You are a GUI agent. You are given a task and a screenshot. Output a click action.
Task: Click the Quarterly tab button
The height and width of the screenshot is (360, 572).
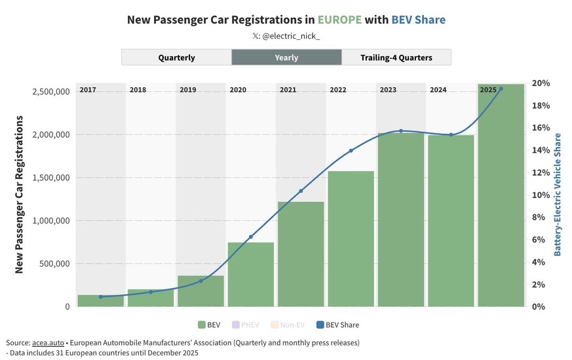(176, 58)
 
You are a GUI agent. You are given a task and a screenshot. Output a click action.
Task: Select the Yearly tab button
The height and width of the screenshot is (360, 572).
(286, 58)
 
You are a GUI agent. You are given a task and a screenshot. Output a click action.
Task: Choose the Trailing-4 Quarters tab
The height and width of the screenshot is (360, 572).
(396, 58)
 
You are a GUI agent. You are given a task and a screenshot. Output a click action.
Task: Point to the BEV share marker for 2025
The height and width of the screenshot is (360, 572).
(501, 89)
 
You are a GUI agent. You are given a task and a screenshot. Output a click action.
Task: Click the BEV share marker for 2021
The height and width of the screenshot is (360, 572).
(301, 191)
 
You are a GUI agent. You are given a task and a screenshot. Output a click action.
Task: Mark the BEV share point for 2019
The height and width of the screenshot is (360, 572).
(201, 281)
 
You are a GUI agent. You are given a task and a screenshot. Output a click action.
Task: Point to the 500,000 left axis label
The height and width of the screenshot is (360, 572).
(51, 264)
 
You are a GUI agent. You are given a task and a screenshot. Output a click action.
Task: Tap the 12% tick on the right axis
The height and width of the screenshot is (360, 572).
(541, 172)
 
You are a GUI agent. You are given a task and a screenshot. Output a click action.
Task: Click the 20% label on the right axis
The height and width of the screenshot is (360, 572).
(541, 83)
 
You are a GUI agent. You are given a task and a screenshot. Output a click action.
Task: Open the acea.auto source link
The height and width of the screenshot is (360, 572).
(49, 343)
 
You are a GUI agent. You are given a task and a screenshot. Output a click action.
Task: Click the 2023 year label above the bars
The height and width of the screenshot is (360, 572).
(387, 89)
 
